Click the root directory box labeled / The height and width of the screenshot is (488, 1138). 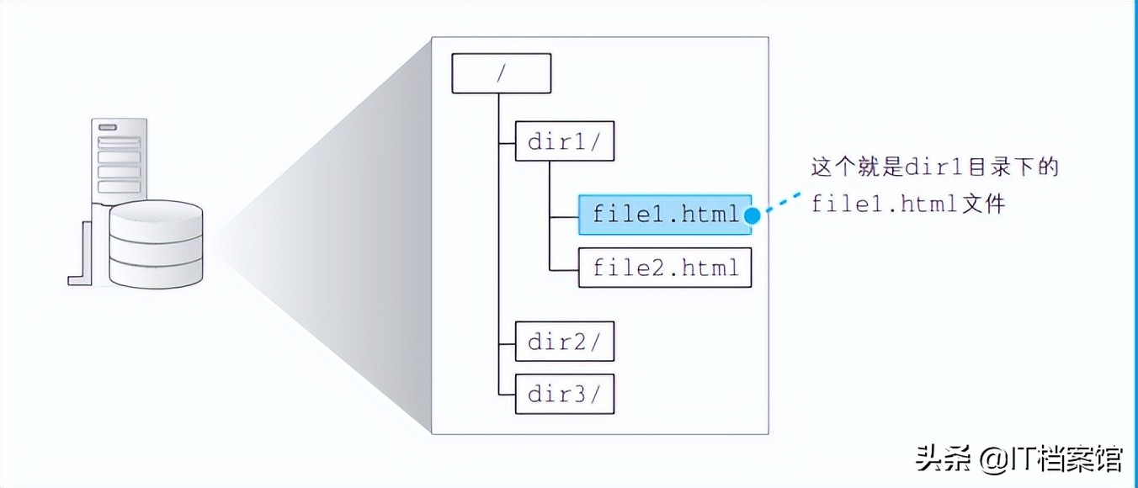click(x=502, y=73)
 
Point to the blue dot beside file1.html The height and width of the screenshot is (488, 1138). click(x=752, y=215)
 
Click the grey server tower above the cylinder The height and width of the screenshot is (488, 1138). click(x=120, y=160)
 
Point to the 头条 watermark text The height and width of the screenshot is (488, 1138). click(x=945, y=459)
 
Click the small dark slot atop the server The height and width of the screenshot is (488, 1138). click(x=108, y=128)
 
